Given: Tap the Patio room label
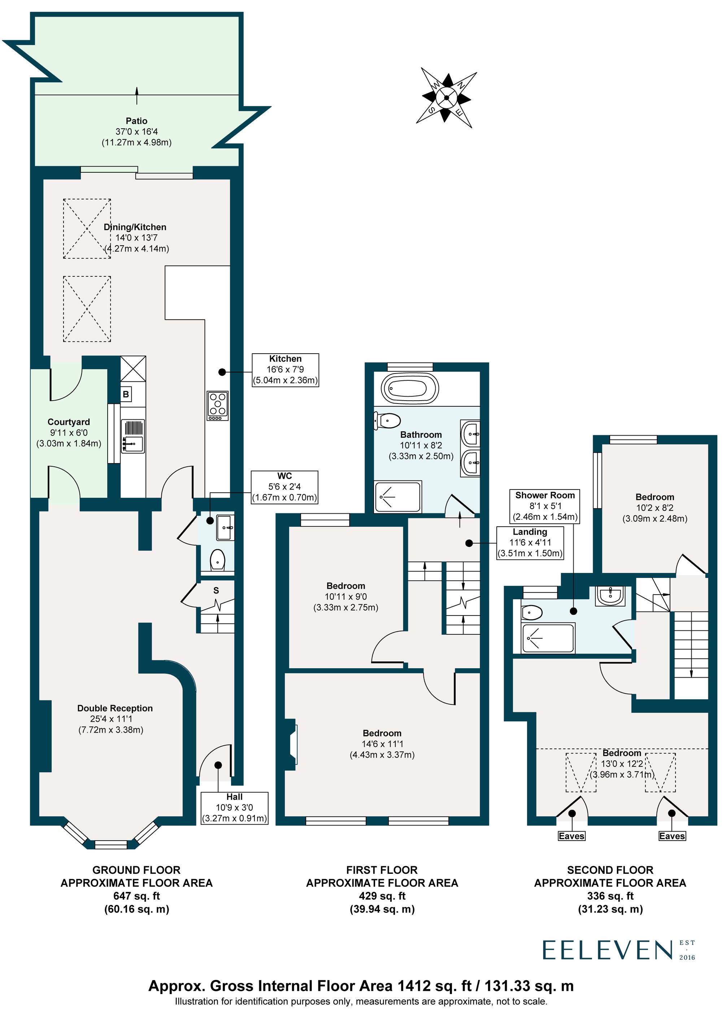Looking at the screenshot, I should (x=136, y=121).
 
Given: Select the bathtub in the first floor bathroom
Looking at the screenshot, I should (x=410, y=389).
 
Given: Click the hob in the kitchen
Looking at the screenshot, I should (x=217, y=406).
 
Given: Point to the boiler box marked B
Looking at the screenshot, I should (x=126, y=394).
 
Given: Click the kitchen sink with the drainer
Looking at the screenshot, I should (x=133, y=436).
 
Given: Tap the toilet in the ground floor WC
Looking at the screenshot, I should (x=217, y=560).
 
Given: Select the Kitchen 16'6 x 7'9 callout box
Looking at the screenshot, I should (x=286, y=370).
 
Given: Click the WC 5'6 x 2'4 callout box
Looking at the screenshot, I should (x=284, y=487).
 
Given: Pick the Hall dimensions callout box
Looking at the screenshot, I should (x=234, y=808).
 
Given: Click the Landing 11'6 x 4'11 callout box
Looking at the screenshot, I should (x=530, y=543).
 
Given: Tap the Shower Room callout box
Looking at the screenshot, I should (x=545, y=506).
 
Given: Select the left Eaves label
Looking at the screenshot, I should (x=571, y=836).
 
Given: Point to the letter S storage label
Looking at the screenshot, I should (x=216, y=591).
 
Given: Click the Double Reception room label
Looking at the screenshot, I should (x=115, y=708).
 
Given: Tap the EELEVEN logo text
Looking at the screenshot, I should (x=607, y=950).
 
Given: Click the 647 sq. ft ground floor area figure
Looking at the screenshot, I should (x=136, y=896).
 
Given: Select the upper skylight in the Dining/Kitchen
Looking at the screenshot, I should (x=87, y=229).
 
